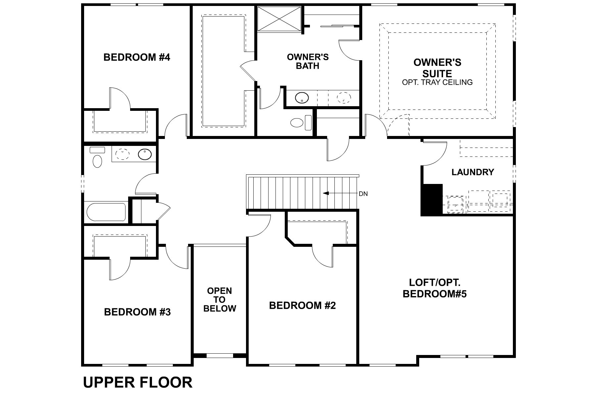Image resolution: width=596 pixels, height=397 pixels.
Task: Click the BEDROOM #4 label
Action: [x=137, y=57]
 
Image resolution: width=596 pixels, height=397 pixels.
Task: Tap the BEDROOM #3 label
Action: [x=137, y=312]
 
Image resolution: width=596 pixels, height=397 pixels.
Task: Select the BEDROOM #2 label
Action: [x=302, y=305]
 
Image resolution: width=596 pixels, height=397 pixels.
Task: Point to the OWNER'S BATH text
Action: [x=308, y=62]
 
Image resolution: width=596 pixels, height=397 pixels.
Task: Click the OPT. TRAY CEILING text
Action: [x=437, y=82]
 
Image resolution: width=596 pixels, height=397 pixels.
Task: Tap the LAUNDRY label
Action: [x=472, y=172]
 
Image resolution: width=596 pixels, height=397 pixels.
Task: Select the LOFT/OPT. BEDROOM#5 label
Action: [x=434, y=288]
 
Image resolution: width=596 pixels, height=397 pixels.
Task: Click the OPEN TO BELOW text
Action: [x=220, y=300]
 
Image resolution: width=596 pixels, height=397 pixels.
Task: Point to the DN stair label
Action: [x=363, y=194]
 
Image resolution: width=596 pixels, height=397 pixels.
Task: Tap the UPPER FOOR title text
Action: [x=137, y=382]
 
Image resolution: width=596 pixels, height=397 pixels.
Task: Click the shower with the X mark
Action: [x=280, y=19]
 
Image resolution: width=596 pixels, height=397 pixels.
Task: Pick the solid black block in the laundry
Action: [x=432, y=200]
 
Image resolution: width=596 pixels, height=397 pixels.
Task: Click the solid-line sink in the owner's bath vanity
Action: [x=302, y=98]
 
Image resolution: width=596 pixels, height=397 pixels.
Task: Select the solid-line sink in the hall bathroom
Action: [x=145, y=154]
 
